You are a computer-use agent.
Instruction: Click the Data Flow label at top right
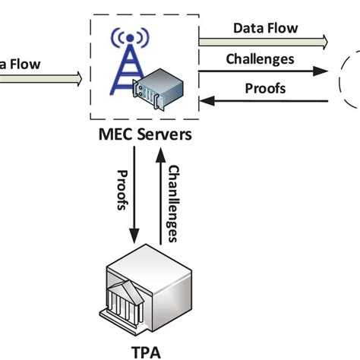(265, 29)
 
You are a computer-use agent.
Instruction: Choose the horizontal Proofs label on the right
(265, 88)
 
